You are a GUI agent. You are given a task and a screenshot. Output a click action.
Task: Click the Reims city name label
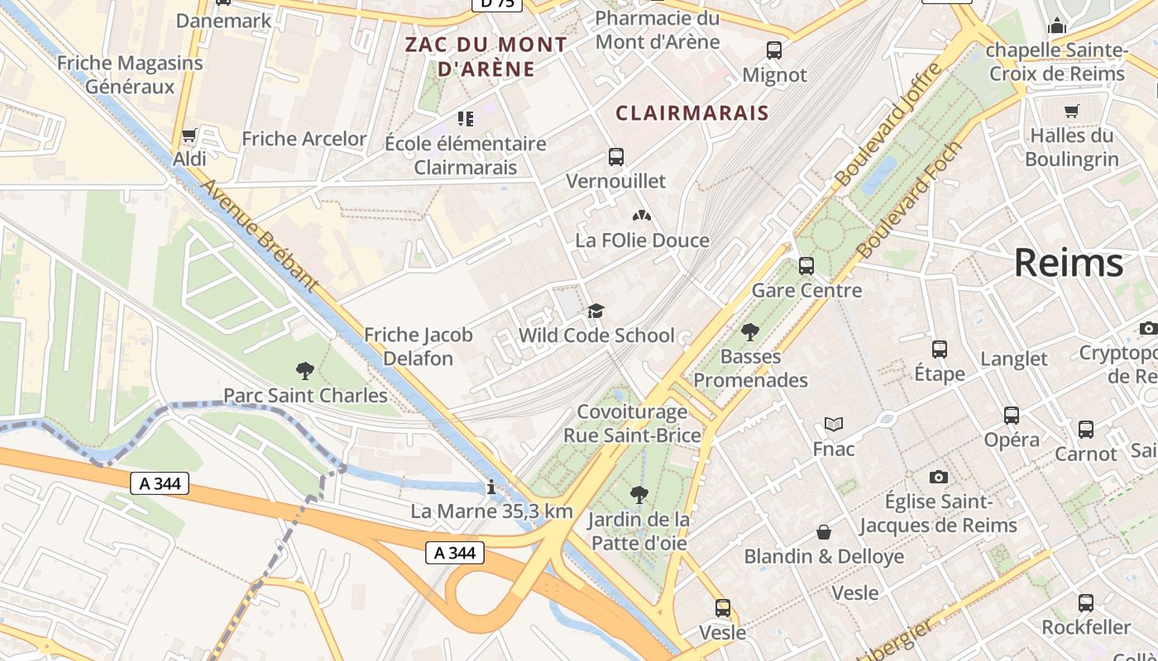(1068, 264)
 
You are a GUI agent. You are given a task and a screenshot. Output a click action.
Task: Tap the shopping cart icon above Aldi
(189, 135)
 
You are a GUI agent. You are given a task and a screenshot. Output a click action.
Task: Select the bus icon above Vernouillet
(615, 156)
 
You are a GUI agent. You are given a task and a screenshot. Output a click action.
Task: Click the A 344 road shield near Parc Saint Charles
(160, 483)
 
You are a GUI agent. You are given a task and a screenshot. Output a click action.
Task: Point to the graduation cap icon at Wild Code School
(596, 311)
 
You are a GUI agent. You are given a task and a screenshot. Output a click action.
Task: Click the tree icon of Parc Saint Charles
(304, 371)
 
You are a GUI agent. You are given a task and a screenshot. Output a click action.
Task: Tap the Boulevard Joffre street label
(888, 125)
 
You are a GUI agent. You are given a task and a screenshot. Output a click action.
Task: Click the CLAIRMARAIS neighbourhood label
(692, 113)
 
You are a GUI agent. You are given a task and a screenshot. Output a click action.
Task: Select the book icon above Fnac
(833, 425)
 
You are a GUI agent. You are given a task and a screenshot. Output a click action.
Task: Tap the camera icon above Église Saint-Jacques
(938, 477)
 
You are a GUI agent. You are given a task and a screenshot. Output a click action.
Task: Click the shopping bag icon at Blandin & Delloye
(824, 532)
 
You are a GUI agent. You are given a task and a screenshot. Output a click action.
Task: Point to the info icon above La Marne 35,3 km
(491, 487)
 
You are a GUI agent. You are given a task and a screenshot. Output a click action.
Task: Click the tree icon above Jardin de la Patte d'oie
(639, 495)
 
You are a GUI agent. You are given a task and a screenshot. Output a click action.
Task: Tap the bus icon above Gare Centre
(806, 266)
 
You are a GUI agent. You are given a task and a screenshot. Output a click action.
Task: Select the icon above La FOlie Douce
(642, 216)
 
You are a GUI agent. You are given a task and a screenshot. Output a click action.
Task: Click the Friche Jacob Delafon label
(419, 346)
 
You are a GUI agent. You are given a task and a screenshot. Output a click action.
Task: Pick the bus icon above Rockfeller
(1085, 603)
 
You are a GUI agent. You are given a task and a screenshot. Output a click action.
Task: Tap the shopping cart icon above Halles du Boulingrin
(1072, 111)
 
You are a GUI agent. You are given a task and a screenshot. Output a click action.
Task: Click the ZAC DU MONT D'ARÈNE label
(486, 57)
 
